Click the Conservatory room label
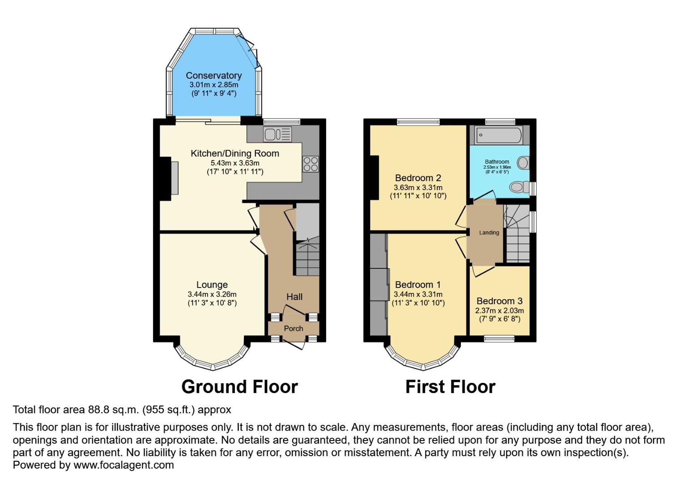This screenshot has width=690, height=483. tap(213, 76)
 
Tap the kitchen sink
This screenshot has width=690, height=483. tap(277, 134)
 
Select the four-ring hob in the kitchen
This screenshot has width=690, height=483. tap(311, 164)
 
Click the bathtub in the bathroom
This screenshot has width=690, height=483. tap(498, 135)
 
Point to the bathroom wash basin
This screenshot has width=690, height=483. tap(523, 162)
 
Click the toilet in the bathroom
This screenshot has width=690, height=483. tap(519, 186)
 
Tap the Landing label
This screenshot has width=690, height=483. tap(489, 233)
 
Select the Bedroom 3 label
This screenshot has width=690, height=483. tap(499, 301)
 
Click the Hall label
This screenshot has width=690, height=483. tap(294, 297)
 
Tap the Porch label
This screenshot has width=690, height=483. tap(294, 328)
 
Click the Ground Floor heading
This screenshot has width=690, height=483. tap(239, 387)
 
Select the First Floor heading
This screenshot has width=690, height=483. tap(450, 387)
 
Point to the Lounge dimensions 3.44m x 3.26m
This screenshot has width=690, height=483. tap(212, 294)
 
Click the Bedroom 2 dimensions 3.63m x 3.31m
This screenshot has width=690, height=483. tap(418, 187)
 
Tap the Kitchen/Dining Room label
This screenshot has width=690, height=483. tap(235, 153)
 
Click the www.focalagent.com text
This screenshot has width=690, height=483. tap(124, 465)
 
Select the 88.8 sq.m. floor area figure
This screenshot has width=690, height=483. tap(117, 409)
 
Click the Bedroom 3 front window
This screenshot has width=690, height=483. tap(499, 339)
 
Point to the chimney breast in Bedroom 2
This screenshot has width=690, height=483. tap(374, 178)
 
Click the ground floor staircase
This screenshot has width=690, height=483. tap(307, 259)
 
